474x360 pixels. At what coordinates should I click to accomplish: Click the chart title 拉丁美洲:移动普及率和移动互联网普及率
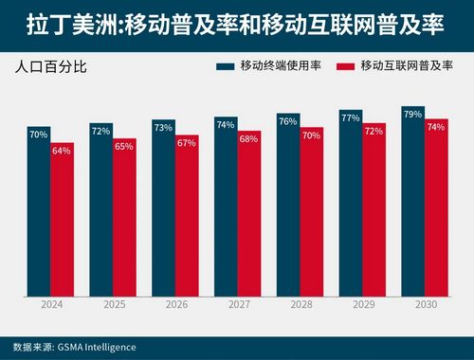point(236,24)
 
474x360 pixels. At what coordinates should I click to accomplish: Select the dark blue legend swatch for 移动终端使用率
point(225,67)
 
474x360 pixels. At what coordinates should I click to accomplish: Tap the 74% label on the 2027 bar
point(225,123)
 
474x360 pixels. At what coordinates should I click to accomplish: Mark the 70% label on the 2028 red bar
point(311,135)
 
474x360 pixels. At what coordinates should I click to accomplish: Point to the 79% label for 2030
point(412,113)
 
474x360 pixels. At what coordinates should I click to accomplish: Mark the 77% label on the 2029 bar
point(350,118)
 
